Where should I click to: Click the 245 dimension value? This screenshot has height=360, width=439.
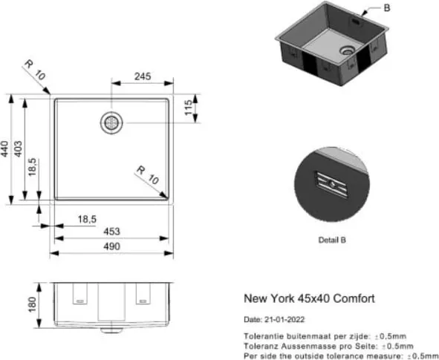[x=143, y=76]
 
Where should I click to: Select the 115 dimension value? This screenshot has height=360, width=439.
[x=189, y=107]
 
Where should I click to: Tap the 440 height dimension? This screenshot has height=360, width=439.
[x=4, y=149]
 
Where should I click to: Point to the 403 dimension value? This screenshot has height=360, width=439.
[x=18, y=148]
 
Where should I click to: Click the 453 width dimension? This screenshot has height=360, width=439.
[x=111, y=232]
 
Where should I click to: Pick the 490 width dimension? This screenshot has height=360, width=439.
[x=111, y=246]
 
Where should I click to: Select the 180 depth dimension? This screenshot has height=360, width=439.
[x=32, y=304]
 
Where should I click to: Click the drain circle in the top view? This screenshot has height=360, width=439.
[x=111, y=122]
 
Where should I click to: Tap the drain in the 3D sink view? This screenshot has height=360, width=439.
[x=347, y=50]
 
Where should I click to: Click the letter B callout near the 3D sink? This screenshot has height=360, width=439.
[x=387, y=8]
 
